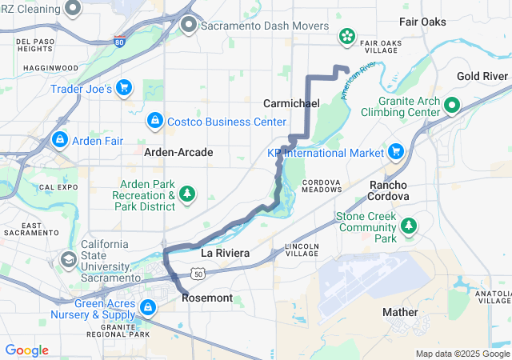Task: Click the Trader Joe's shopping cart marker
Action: (x=123, y=88)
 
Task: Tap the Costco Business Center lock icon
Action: (x=154, y=121)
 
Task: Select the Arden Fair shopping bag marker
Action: (x=58, y=140)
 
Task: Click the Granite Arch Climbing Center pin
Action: (x=451, y=105)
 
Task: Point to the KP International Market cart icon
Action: (x=395, y=151)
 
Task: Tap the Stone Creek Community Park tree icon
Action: (x=409, y=226)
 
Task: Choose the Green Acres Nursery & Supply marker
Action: (x=147, y=307)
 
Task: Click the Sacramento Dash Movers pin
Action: (x=189, y=25)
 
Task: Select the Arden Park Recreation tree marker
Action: (x=188, y=194)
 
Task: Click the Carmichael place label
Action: (x=291, y=104)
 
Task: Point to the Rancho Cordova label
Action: (x=389, y=190)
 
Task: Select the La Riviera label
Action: (x=225, y=253)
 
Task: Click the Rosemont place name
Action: (x=207, y=298)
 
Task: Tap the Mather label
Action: (x=400, y=312)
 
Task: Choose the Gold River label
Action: (x=482, y=76)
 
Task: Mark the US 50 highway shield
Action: (x=198, y=273)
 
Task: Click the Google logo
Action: (x=26, y=350)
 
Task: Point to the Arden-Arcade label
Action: (x=178, y=151)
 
